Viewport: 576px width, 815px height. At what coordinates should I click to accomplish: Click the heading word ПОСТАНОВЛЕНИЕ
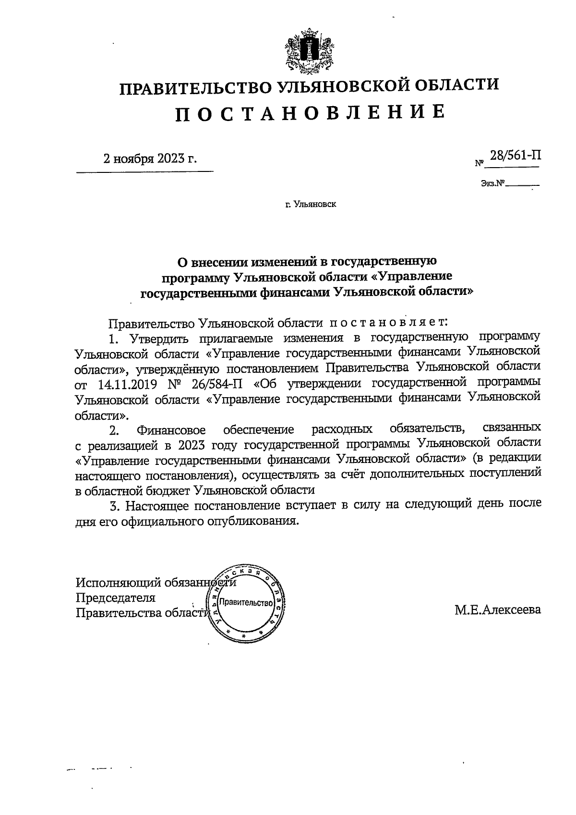click(309, 112)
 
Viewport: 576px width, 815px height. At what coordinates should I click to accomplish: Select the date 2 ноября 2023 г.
click(150, 158)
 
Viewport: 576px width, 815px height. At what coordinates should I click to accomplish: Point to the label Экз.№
click(492, 183)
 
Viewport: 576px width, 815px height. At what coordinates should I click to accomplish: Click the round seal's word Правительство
click(245, 603)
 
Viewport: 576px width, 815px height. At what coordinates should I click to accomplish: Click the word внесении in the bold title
click(216, 262)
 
